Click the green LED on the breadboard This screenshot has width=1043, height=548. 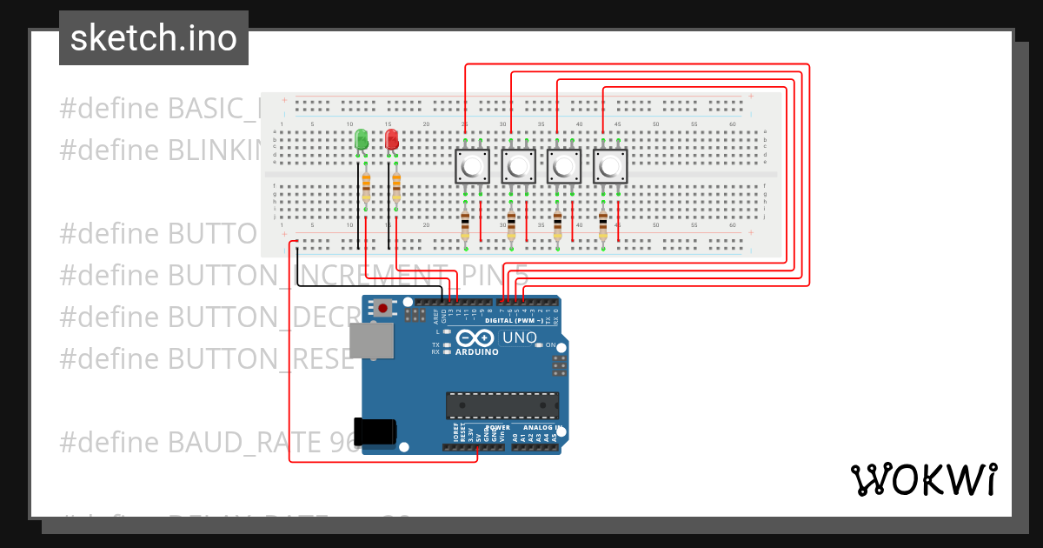click(362, 139)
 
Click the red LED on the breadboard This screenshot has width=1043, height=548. click(392, 139)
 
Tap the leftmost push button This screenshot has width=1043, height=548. click(473, 166)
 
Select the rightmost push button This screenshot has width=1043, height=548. click(610, 166)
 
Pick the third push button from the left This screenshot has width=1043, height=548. click(564, 166)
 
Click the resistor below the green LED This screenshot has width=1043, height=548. click(366, 186)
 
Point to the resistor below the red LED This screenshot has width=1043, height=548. click(396, 186)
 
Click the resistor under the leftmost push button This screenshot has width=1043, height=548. click(465, 225)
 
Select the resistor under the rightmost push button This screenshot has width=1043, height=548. click(603, 225)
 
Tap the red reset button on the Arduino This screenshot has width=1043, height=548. click(382, 307)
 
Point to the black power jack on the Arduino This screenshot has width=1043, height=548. click(377, 432)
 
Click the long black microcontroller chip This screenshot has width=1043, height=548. click(502, 405)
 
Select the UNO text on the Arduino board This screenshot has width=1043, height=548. click(520, 337)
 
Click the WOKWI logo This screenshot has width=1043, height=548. click(923, 479)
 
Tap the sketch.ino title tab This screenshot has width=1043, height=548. click(154, 38)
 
